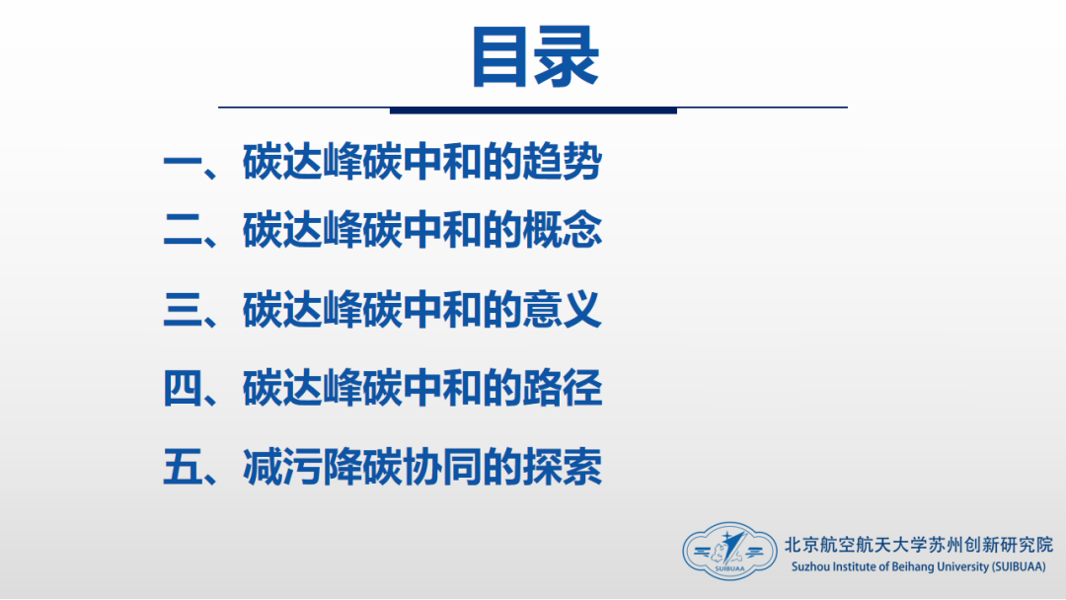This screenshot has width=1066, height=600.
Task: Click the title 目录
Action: click(x=535, y=58)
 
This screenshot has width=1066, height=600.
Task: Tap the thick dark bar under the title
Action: click(x=533, y=111)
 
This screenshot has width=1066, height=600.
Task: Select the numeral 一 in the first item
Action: click(x=183, y=164)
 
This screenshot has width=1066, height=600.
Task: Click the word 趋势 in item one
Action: click(x=562, y=163)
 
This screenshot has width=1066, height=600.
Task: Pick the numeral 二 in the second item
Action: click(x=183, y=230)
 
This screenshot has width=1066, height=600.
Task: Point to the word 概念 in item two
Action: click(x=562, y=230)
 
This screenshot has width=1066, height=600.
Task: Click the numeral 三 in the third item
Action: click(x=183, y=310)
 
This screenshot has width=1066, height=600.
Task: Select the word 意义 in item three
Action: click(x=562, y=309)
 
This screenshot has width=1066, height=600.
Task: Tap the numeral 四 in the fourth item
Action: click(x=183, y=389)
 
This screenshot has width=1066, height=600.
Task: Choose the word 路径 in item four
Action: click(x=562, y=388)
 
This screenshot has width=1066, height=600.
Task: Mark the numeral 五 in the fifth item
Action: click(x=183, y=468)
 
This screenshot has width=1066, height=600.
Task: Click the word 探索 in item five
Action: click(x=562, y=468)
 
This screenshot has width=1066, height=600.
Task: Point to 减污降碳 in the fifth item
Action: click(x=322, y=468)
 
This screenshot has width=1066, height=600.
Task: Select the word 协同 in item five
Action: click(x=442, y=468)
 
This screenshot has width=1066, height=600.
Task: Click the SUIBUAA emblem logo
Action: click(x=729, y=551)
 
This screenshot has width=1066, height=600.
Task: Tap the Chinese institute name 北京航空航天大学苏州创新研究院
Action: click(x=919, y=545)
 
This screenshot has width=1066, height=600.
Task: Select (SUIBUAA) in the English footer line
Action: click(x=1019, y=567)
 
